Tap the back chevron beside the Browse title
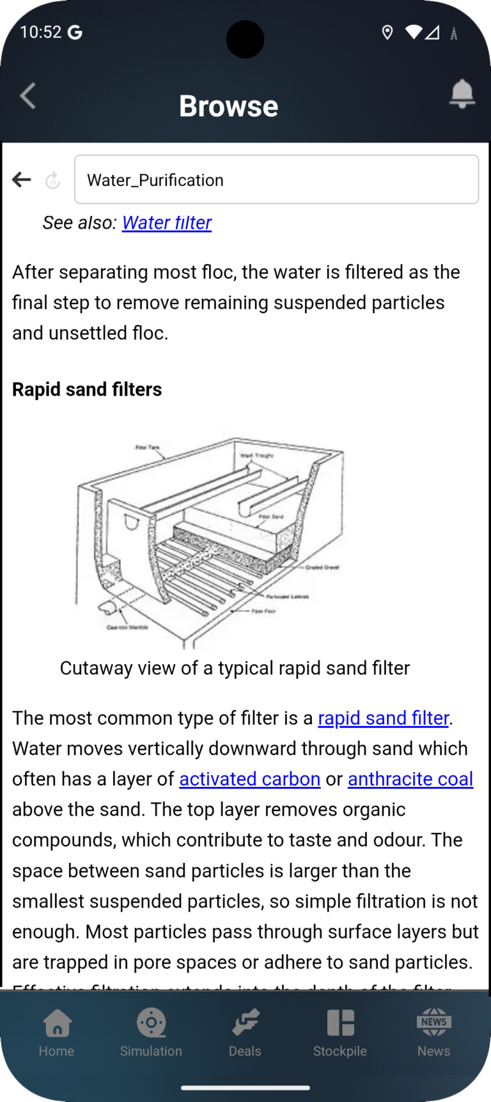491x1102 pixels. point(27,97)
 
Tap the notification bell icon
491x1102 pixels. point(462,94)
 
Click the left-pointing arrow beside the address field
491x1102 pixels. point(22,180)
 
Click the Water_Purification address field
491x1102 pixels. point(276,180)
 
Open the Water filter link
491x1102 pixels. point(166,222)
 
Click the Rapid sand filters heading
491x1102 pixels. point(87,389)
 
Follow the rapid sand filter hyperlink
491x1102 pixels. point(383,718)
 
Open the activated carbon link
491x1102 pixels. point(249,779)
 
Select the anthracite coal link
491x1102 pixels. point(410,779)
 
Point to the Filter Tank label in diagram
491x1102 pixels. point(148,447)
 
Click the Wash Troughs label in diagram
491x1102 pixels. point(256,456)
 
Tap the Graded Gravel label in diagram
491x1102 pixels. point(322,567)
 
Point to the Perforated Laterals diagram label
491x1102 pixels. point(287,596)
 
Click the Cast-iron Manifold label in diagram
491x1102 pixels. point(127,627)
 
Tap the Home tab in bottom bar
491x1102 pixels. point(56,1033)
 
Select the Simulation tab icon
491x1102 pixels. point(151,1023)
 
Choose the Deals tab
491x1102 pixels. point(245,1033)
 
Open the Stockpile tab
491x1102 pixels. point(340,1033)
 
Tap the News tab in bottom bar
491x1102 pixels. point(433,1033)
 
